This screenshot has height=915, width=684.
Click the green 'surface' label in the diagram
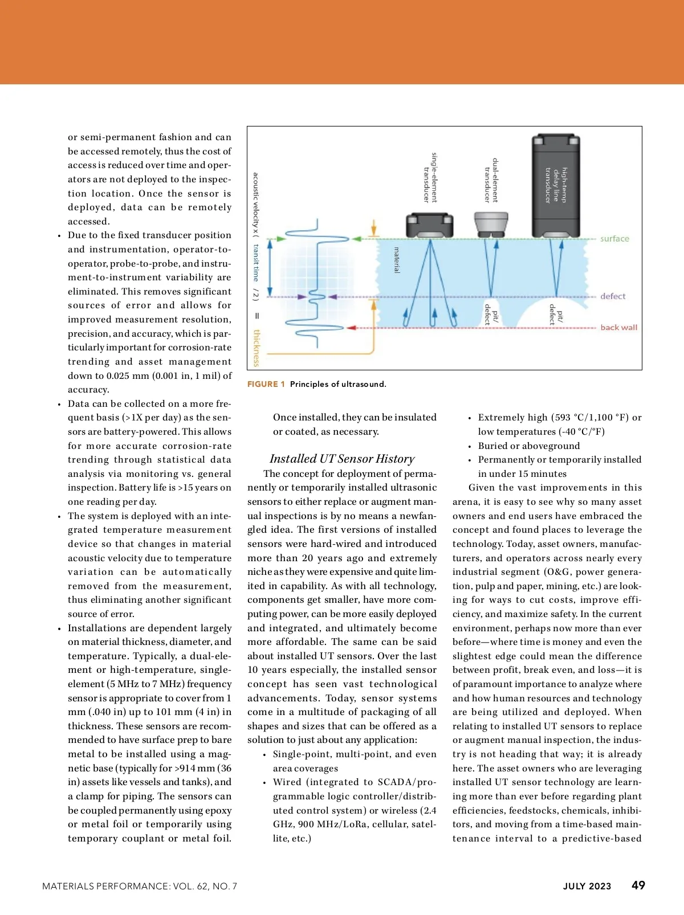point(614,239)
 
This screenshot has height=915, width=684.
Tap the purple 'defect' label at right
point(613,296)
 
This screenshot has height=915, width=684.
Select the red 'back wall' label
point(618,328)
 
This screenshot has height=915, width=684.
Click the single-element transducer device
point(429,226)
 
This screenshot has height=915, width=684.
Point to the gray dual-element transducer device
point(491,224)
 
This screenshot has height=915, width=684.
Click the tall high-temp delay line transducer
point(556,186)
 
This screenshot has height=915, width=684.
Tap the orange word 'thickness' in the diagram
point(256,348)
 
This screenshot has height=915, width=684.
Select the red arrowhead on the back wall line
point(352,328)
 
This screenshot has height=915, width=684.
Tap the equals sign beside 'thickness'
point(256,316)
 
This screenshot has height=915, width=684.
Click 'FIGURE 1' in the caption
point(266,384)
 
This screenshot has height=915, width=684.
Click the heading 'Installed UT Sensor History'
point(342,459)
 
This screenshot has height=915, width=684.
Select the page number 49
point(638,885)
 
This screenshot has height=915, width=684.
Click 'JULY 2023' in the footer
point(587,886)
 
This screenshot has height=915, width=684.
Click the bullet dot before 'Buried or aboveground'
point(469,447)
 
